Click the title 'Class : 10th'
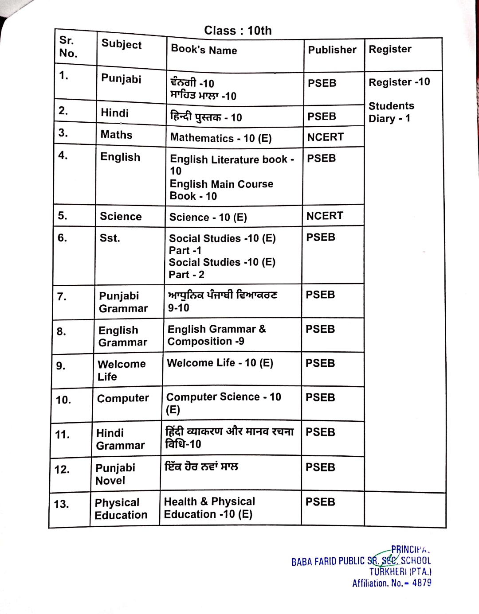click(x=238, y=31)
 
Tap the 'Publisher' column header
click(x=332, y=50)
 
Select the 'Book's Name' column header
click(x=204, y=50)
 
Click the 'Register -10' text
click(x=399, y=82)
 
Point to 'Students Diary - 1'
click(x=391, y=112)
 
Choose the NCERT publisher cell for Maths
click(x=326, y=137)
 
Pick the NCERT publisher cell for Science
click(x=325, y=216)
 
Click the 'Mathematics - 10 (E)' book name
click(x=221, y=138)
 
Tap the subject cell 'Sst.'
click(x=110, y=238)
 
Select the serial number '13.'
click(x=61, y=504)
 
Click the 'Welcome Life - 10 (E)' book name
click(x=220, y=363)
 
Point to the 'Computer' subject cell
click(x=123, y=398)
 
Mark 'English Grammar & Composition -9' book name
click(x=216, y=335)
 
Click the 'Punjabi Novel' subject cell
click(x=115, y=474)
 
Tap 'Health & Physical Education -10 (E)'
click(x=209, y=508)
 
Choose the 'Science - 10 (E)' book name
click(x=208, y=217)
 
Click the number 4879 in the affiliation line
click(x=421, y=583)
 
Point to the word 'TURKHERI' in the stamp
click(x=388, y=572)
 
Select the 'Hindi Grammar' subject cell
click(x=120, y=439)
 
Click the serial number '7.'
click(x=62, y=296)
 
